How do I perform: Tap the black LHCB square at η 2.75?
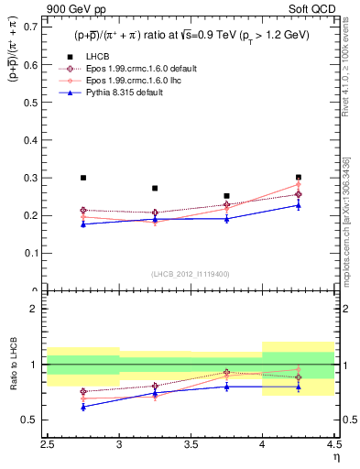pyautogui.click(x=83, y=178)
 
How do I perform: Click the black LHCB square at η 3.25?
pyautogui.click(x=155, y=188)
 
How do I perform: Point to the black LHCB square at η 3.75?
pyautogui.click(x=226, y=196)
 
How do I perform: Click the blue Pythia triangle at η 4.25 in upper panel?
pyautogui.click(x=298, y=205)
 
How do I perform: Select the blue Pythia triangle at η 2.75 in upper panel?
pyautogui.click(x=83, y=224)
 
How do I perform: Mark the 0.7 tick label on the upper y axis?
pyautogui.click(x=30, y=27)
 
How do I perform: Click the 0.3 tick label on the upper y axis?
pyautogui.click(x=30, y=178)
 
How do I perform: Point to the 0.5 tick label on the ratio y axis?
pyautogui.click(x=30, y=420)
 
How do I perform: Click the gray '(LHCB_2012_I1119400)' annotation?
pyautogui.click(x=191, y=274)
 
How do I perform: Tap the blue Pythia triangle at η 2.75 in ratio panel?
pyautogui.click(x=83, y=407)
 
